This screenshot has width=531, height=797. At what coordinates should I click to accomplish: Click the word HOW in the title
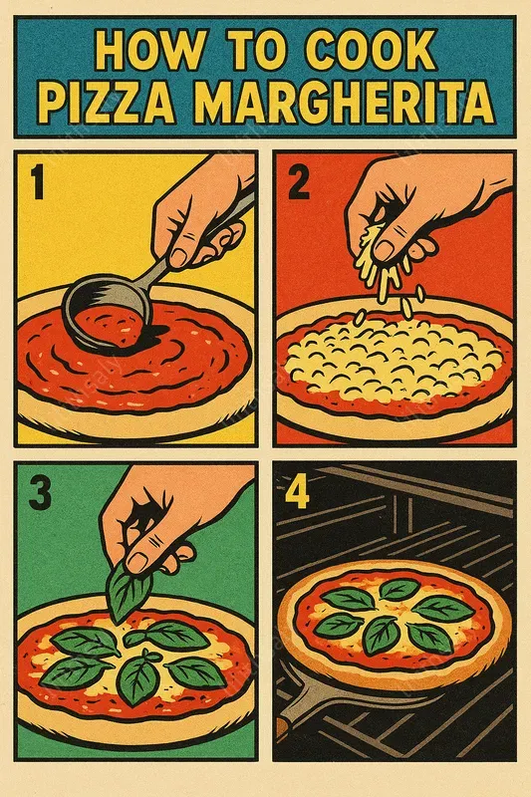(142, 53)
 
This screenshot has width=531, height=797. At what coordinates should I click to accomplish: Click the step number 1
(39, 185)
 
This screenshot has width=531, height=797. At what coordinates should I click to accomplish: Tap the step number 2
(299, 185)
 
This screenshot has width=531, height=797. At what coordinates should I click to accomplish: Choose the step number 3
(38, 493)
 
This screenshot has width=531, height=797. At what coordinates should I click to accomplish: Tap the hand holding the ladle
(204, 214)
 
